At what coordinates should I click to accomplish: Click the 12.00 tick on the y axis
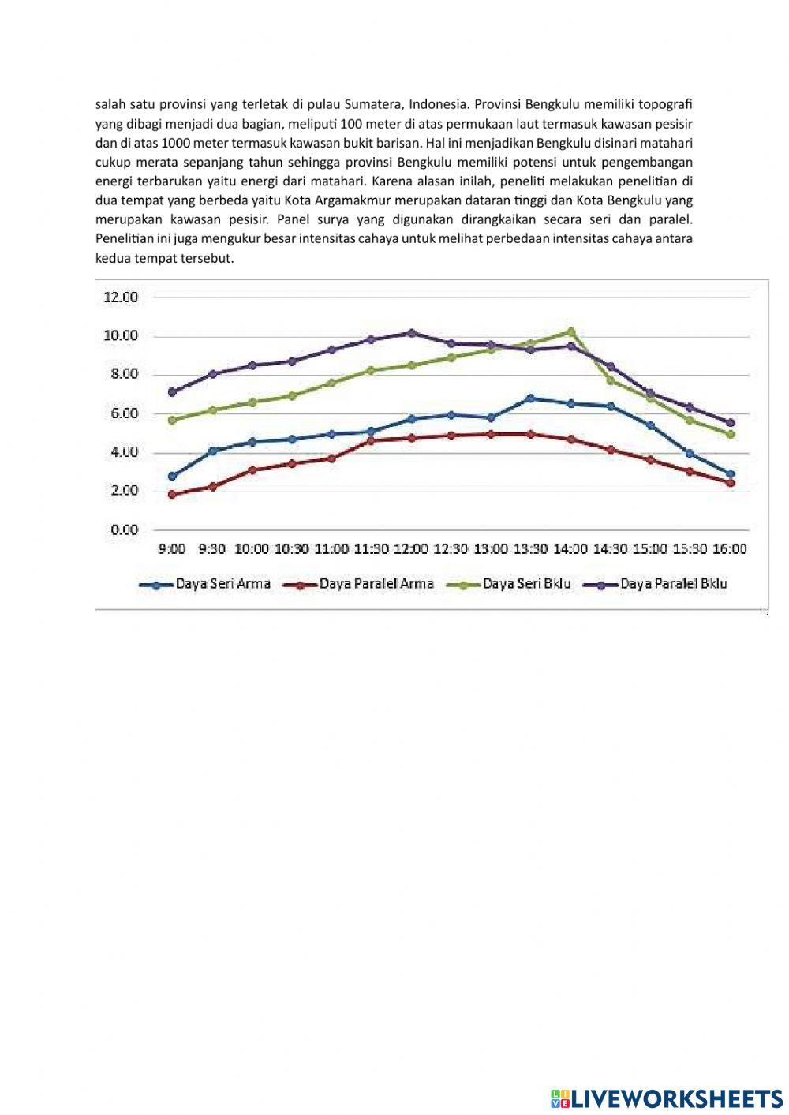[121, 297]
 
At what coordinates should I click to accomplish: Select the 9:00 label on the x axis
[172, 548]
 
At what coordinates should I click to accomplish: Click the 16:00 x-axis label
[729, 548]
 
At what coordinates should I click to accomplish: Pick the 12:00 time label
[410, 548]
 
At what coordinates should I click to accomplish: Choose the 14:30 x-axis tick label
[610, 548]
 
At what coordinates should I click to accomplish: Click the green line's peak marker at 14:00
[570, 331]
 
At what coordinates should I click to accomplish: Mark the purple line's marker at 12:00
[411, 333]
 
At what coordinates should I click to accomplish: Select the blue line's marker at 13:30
[530, 398]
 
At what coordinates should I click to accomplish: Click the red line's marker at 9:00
[172, 495]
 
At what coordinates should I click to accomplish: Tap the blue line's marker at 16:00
[731, 474]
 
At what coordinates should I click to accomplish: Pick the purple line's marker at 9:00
[172, 391]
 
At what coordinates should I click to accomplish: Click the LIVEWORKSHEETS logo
[667, 1098]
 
